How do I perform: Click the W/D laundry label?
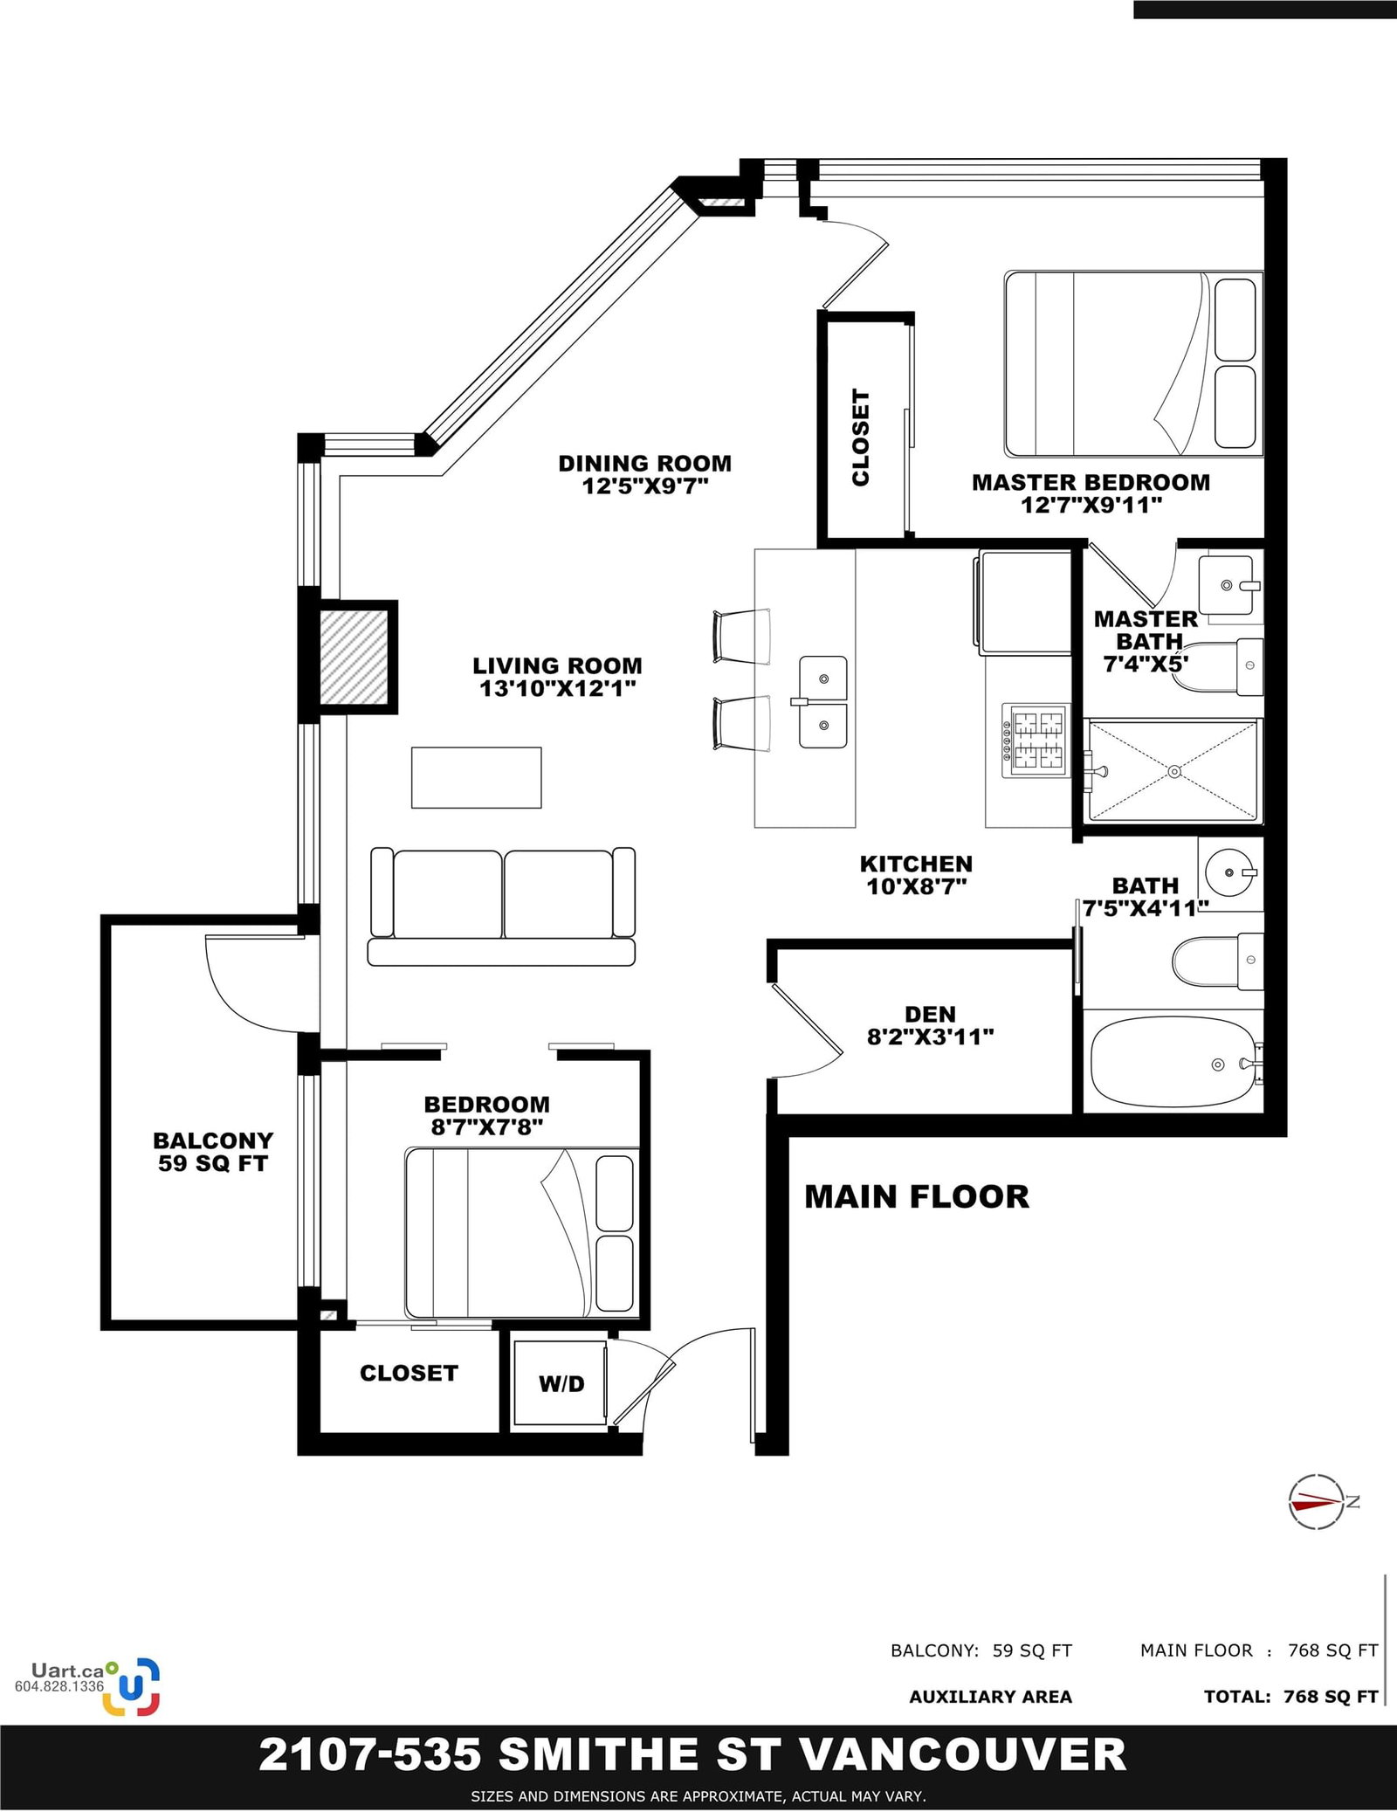tap(561, 1383)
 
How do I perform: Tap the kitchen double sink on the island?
tap(822, 702)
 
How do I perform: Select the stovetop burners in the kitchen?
tap(1037, 741)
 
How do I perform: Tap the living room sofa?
tap(502, 906)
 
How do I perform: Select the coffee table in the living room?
tap(477, 777)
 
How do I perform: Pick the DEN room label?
tap(930, 1014)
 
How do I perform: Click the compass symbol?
tap(1318, 1501)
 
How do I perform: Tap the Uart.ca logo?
tap(88, 1685)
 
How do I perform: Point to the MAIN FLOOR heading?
tap(917, 1196)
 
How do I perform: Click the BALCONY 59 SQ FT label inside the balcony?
tap(213, 1152)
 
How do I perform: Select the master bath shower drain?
tap(1174, 771)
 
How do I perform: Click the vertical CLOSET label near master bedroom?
tap(861, 437)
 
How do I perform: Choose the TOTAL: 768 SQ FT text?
tap(1291, 1696)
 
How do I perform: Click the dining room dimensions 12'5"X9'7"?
tap(645, 486)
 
